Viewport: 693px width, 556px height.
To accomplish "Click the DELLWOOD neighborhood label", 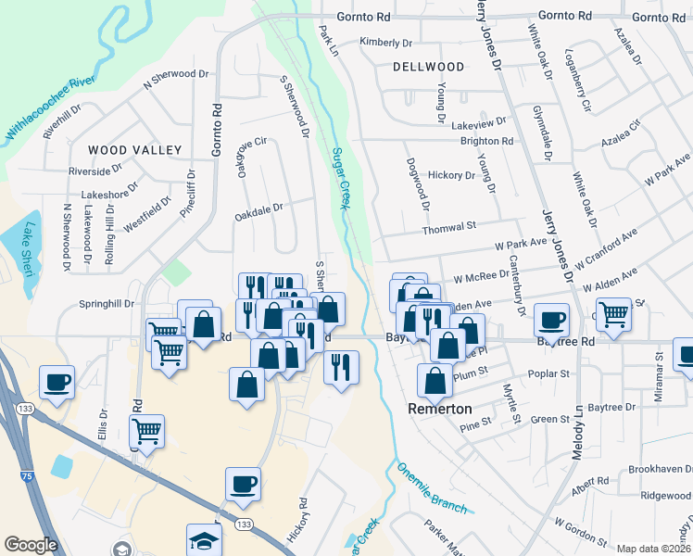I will click(x=428, y=67).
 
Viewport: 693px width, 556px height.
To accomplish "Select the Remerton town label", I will click(x=440, y=409).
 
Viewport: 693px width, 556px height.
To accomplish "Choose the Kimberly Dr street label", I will click(x=385, y=43).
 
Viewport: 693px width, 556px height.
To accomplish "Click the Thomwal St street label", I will click(x=448, y=227).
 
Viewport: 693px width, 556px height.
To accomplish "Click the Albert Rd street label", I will click(x=590, y=482).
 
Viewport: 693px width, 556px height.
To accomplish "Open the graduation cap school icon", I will click(x=204, y=540).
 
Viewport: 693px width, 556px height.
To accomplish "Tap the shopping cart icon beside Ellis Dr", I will click(x=146, y=430).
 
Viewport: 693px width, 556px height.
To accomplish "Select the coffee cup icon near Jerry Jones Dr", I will click(x=552, y=320).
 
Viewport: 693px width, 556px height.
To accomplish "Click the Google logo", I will click(x=31, y=545).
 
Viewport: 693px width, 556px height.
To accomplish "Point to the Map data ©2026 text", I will click(x=652, y=549).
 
